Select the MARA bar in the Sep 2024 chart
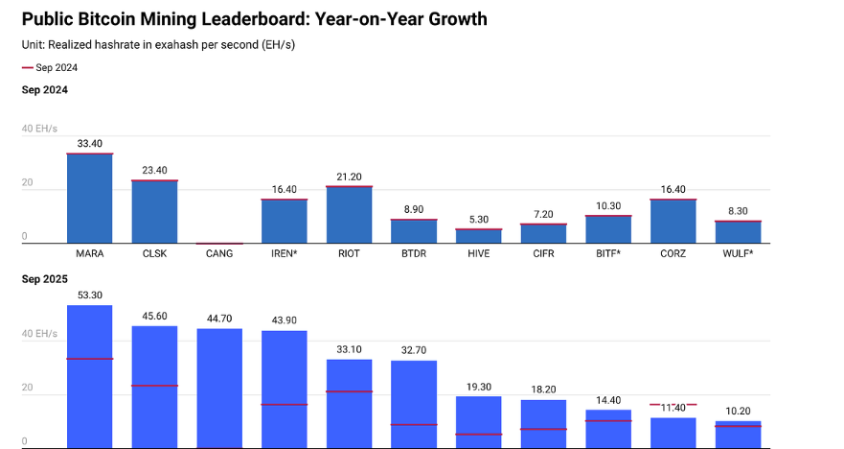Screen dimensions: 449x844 [90, 199]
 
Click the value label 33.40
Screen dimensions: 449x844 [90, 144]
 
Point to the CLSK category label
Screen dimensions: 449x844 [154, 254]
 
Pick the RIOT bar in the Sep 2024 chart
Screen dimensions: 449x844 [350, 215]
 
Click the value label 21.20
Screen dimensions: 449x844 [350, 177]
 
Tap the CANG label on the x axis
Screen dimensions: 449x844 [219, 254]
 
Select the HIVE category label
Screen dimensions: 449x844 [479, 254]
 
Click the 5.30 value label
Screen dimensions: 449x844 [479, 219]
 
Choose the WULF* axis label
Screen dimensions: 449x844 [738, 254]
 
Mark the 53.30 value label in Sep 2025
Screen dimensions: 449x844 [90, 295]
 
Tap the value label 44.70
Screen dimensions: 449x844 [219, 319]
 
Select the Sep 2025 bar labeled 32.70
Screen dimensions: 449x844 [414, 403]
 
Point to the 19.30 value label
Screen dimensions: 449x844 [479, 386]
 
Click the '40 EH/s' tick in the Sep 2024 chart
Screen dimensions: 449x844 [39, 129]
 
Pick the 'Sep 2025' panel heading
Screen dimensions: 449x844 [45, 278]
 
